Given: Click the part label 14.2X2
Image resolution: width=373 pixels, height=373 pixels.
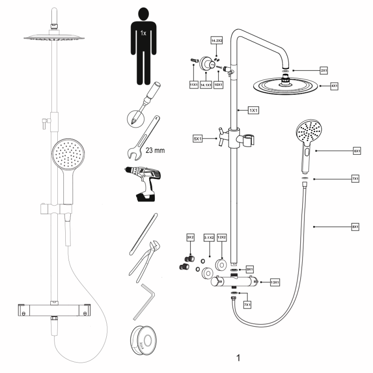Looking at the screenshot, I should (x=217, y=41).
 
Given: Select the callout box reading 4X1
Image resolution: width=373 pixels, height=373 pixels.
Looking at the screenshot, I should (x=334, y=86).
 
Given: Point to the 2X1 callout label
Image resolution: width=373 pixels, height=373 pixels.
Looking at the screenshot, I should (x=324, y=70).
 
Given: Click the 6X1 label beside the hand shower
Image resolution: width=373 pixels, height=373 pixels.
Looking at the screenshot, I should (x=357, y=151).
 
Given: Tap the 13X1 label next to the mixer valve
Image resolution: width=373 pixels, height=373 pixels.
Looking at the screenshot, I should (x=275, y=283).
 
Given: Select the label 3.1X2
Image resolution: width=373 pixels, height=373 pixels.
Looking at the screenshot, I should (x=209, y=238).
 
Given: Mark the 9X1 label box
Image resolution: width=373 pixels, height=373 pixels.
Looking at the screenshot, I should (x=249, y=269).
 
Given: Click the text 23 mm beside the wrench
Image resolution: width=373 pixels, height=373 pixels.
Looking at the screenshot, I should (x=155, y=151).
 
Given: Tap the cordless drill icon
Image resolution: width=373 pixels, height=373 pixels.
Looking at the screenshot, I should (x=143, y=183).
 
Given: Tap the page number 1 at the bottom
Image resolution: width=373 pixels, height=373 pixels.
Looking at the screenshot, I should (x=238, y=358).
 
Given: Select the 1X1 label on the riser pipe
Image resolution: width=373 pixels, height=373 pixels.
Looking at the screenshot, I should (x=254, y=111).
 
